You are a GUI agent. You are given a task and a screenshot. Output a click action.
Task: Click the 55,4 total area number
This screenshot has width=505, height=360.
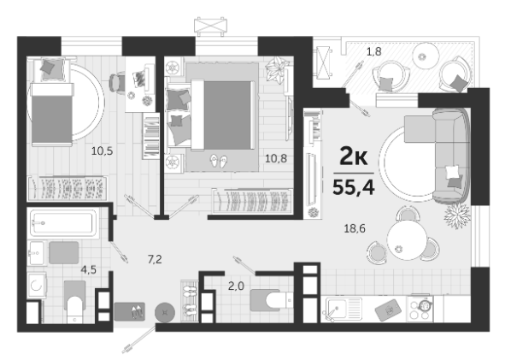coord(353,187)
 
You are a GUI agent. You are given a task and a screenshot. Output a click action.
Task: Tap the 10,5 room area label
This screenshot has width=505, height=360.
coord(102,150)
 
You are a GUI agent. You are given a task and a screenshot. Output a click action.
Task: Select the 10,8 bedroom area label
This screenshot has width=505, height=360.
coord(276,158)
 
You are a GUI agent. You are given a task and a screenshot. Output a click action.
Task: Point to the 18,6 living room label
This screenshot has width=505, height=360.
coord(355,228)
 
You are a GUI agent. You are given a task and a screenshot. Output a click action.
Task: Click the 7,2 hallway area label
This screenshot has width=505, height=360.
coord(155,259)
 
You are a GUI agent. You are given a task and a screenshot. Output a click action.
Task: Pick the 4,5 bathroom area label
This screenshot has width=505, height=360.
coord(89,269)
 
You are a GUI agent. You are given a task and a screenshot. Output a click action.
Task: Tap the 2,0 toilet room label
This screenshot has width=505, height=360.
coord(236,286)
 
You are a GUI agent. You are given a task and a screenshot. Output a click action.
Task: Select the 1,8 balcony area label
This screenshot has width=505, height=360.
coord(374,51)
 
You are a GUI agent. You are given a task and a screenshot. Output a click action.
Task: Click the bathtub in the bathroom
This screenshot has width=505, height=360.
coord(63,222)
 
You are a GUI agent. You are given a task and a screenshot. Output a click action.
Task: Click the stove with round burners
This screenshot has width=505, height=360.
coord(420,309)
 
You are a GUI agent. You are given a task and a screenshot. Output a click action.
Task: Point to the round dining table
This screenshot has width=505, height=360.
coord(408,239)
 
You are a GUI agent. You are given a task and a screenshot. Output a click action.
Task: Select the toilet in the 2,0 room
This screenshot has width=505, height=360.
coord(272,300)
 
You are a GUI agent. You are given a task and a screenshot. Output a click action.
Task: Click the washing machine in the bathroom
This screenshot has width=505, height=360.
coord(37,285)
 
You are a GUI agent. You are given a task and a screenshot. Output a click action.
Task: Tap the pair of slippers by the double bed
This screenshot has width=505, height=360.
coord(219,161)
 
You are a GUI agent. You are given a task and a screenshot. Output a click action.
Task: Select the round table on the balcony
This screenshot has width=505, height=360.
coord(426,56)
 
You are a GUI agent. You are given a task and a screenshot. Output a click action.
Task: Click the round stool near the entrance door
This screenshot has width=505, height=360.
coord(165,312)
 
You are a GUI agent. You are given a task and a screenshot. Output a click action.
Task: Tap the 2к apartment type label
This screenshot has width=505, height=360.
coord(353,157)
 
